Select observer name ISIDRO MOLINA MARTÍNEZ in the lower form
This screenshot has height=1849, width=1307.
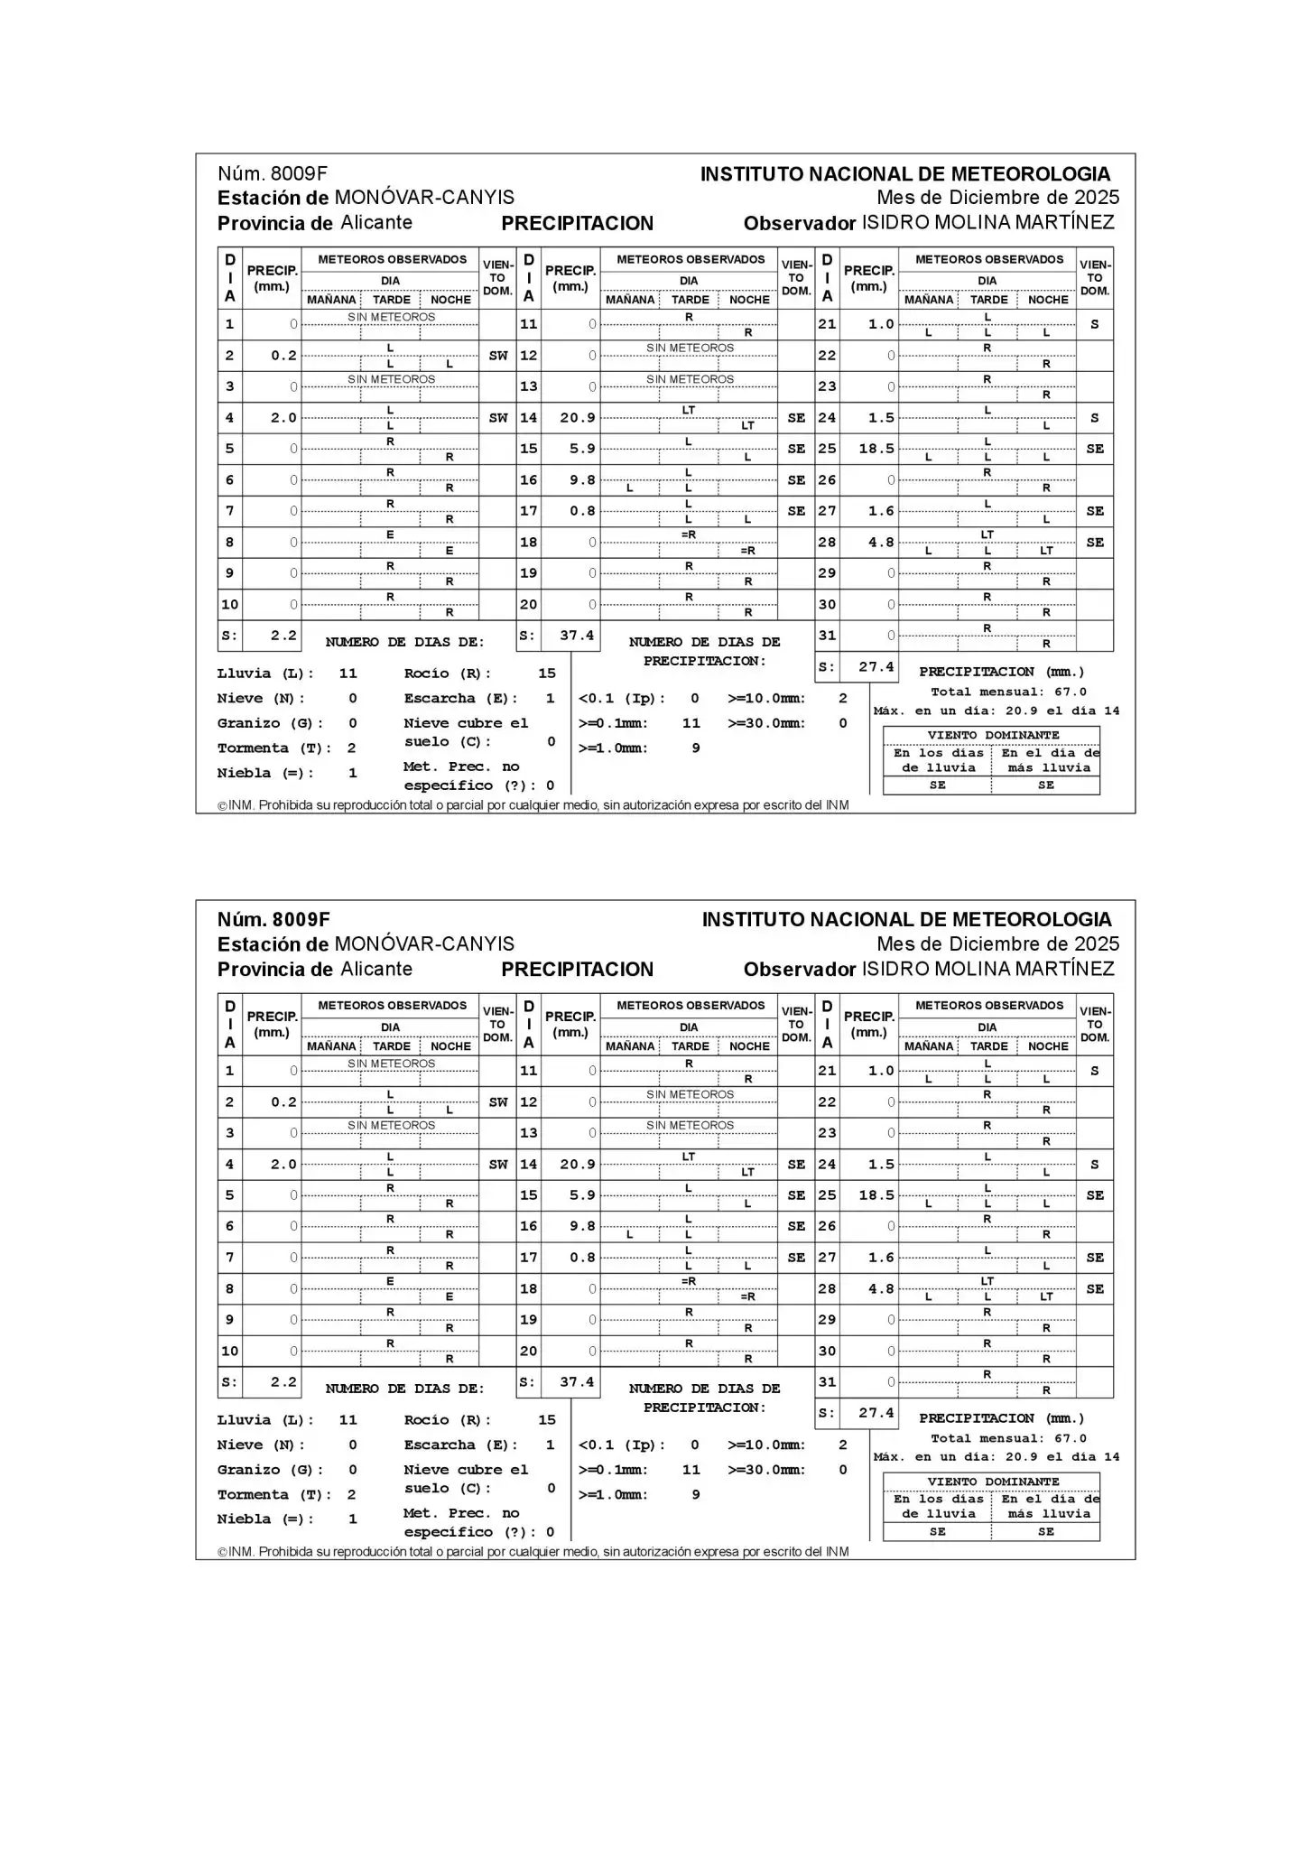point(987,970)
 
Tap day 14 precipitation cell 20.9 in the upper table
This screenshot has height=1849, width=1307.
point(577,418)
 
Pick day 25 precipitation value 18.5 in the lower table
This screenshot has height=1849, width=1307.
point(876,1195)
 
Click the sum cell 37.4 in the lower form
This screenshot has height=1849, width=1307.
point(576,1382)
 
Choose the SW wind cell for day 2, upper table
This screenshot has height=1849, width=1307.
point(498,356)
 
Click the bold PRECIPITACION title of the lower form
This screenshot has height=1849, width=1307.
point(577,970)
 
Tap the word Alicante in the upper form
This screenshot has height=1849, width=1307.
point(376,223)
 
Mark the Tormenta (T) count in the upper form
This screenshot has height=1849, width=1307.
point(352,748)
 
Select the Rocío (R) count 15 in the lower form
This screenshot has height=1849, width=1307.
point(547,1420)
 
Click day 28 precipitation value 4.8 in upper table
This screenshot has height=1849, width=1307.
point(881,543)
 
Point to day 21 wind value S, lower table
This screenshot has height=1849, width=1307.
point(1094,1071)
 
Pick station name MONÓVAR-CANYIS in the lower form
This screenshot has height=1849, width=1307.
point(424,944)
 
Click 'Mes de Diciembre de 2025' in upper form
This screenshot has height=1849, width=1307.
point(997,198)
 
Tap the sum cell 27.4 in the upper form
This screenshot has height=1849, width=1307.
point(876,667)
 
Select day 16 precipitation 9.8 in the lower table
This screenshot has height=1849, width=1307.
point(582,1226)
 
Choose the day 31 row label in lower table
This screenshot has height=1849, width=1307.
point(827,1382)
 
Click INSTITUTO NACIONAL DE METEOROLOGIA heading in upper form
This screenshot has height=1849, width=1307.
point(905,174)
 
